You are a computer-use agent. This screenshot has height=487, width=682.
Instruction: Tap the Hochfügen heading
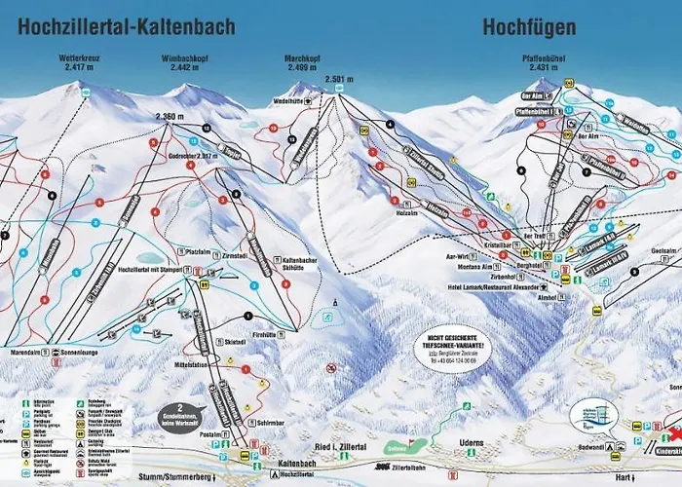(528, 26)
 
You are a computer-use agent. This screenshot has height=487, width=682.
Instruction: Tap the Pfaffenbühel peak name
(543, 62)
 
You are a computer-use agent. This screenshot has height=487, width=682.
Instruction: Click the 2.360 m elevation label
(170, 117)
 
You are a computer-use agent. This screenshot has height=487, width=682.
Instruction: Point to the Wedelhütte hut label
(288, 100)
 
